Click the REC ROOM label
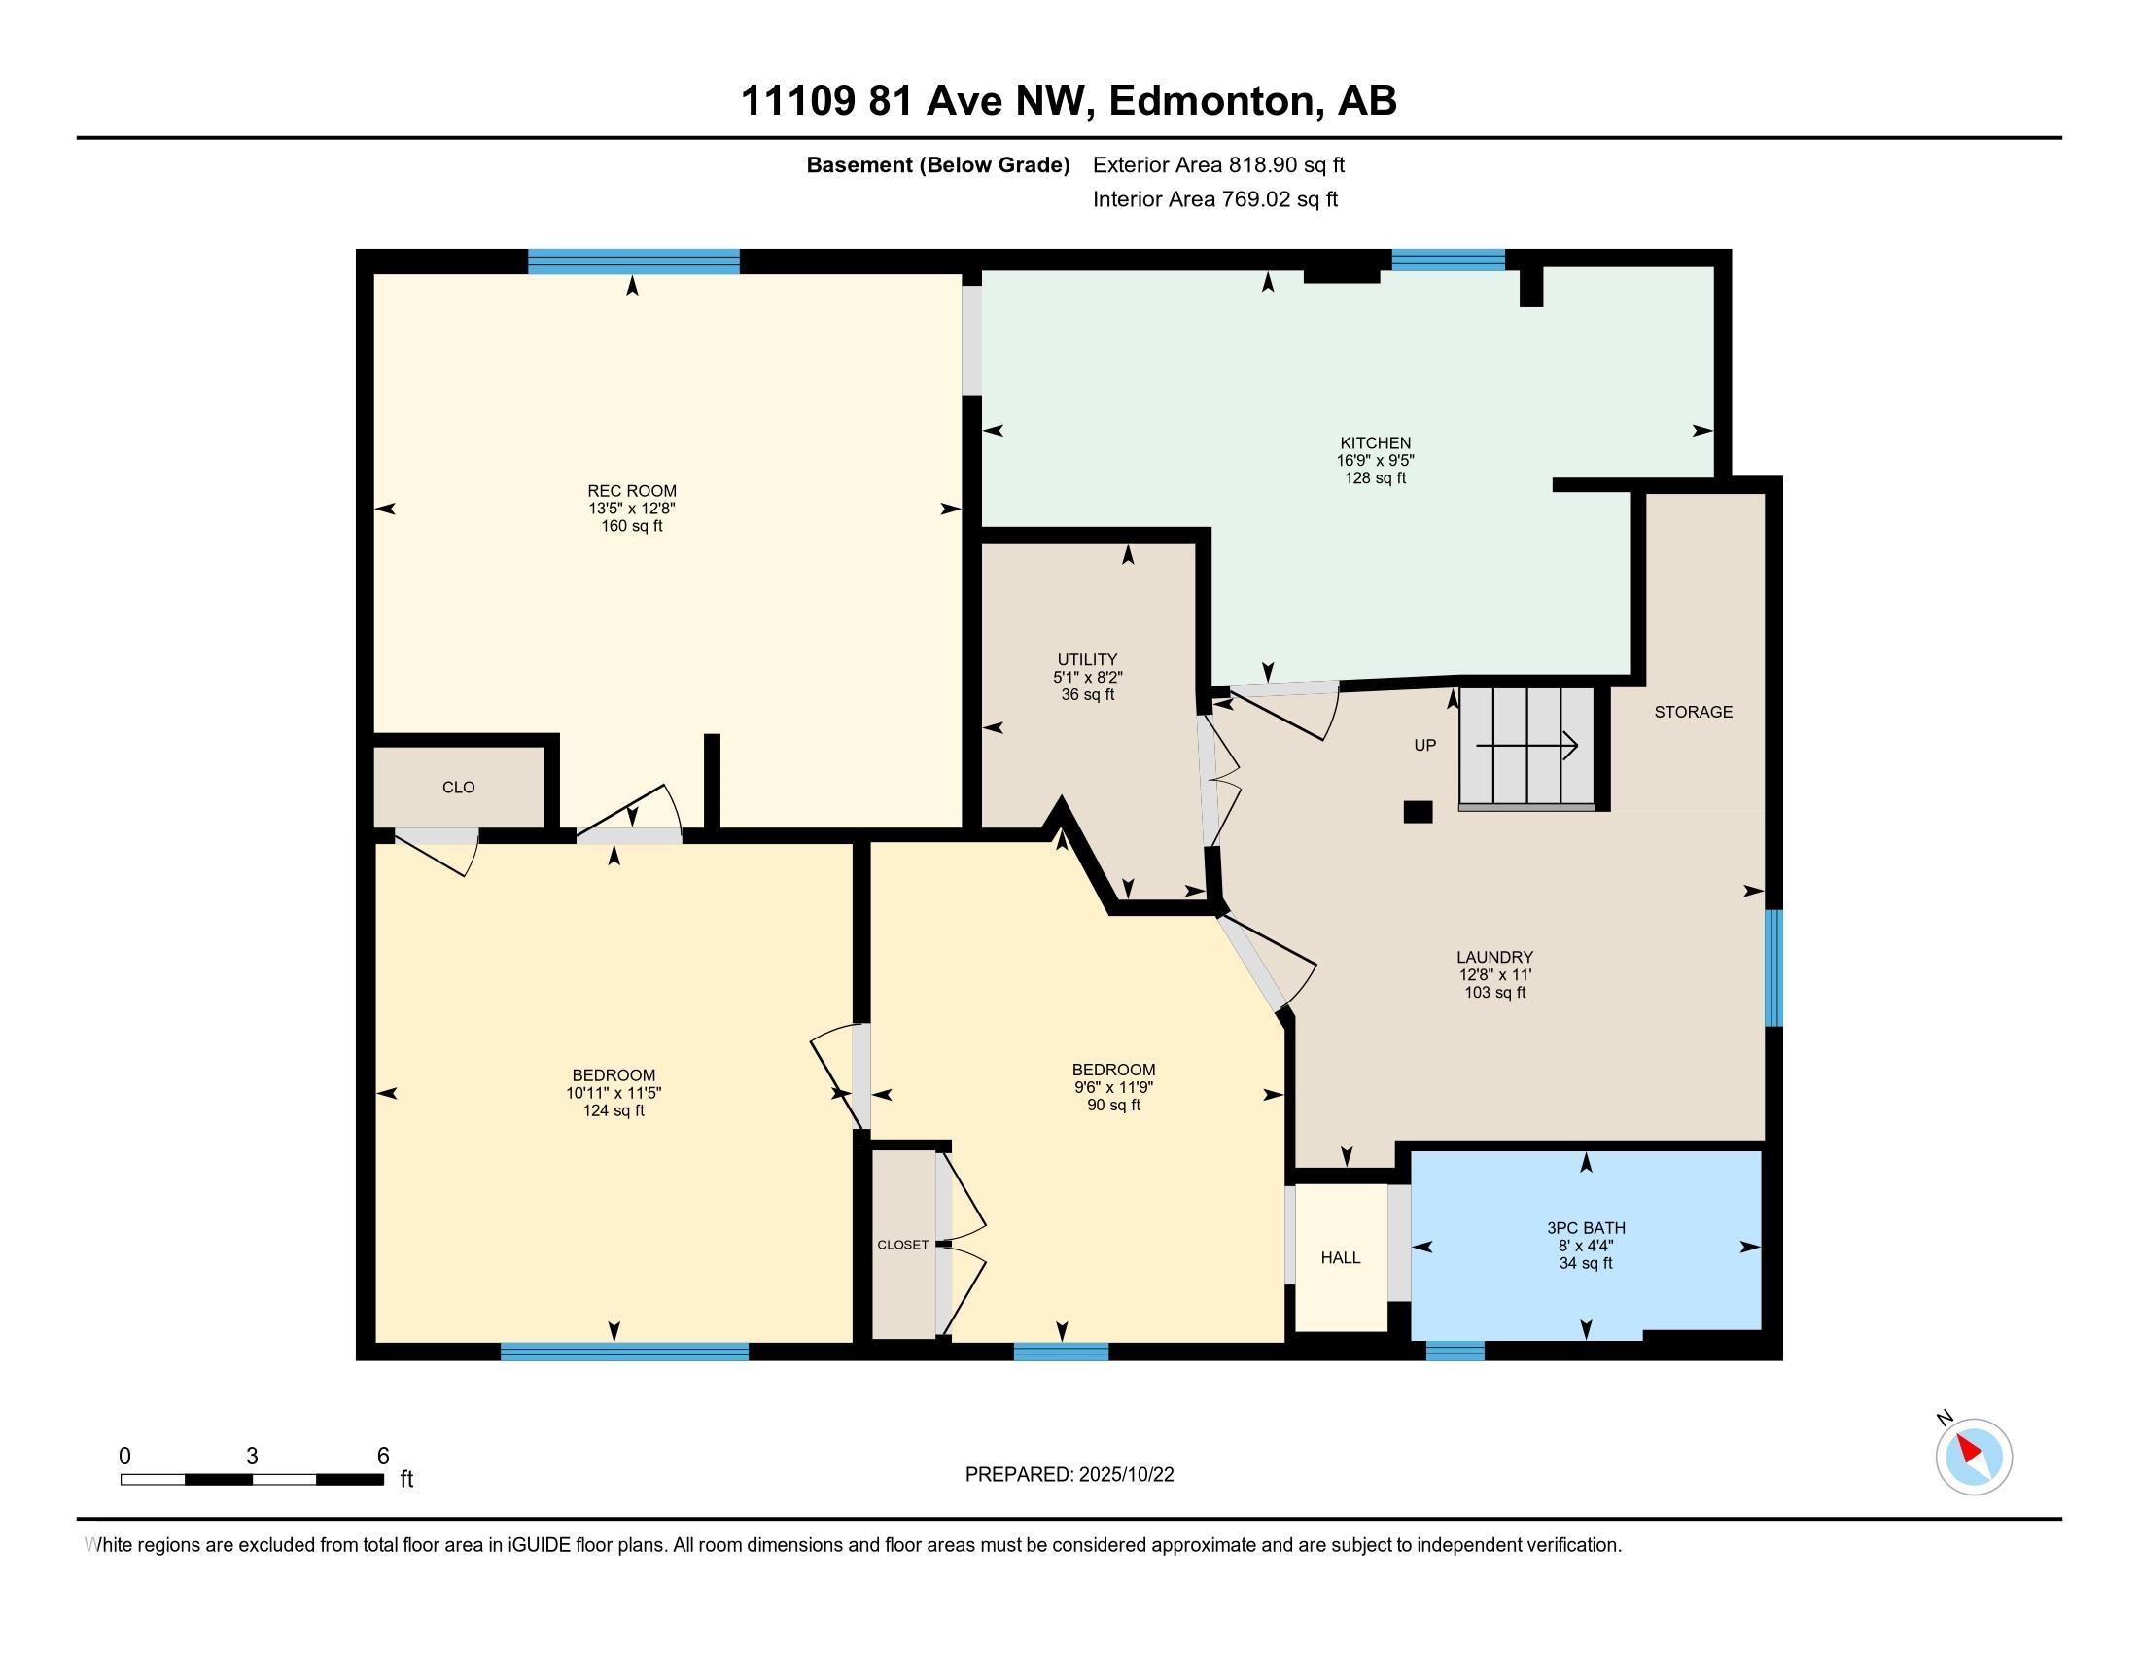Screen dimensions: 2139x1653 [632, 491]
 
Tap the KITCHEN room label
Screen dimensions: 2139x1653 [1375, 442]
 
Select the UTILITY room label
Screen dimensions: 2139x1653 [1087, 659]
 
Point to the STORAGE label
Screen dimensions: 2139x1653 [1694, 712]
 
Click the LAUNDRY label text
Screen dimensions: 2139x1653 [1494, 957]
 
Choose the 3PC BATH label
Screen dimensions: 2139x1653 [1586, 1227]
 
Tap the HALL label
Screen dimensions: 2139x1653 [1341, 1257]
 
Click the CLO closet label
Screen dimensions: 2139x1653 [458, 787]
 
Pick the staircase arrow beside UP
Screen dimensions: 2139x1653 [1526, 746]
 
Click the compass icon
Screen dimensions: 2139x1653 [1974, 1457]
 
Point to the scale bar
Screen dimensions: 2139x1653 [252, 1479]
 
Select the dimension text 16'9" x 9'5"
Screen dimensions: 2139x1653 [1375, 460]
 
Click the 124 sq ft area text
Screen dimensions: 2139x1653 [614, 1110]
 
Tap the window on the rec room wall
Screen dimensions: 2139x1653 [634, 262]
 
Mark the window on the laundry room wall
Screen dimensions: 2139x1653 [1773, 967]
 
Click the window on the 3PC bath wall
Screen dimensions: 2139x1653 [1455, 1351]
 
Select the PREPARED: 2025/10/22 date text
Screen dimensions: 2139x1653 [1069, 1475]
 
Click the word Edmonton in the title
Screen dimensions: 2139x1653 [1211, 101]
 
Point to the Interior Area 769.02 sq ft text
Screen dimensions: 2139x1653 [1215, 199]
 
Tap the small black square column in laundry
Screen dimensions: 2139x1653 [1419, 812]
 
